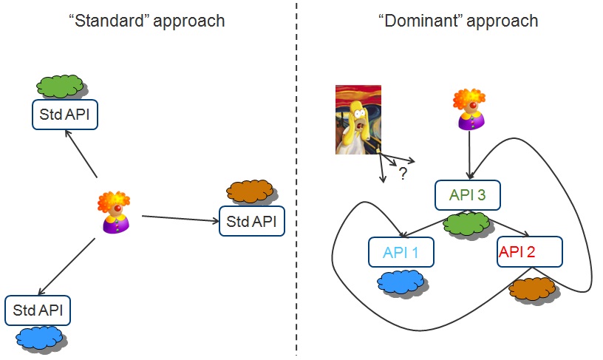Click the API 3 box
[468, 195]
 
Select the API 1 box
[401, 252]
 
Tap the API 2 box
[530, 251]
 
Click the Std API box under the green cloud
[65, 115]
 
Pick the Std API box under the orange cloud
[252, 221]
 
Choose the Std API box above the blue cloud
[38, 310]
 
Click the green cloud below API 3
[466, 225]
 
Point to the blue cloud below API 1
[402, 283]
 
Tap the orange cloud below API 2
[534, 290]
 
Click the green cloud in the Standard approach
[61, 86]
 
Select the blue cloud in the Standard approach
[41, 338]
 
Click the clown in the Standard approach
[115, 212]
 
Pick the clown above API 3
[469, 109]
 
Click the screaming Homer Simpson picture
[358, 120]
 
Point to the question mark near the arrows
[403, 174]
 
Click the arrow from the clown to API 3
[469, 154]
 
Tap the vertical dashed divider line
[296, 179]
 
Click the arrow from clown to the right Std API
[180, 219]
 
